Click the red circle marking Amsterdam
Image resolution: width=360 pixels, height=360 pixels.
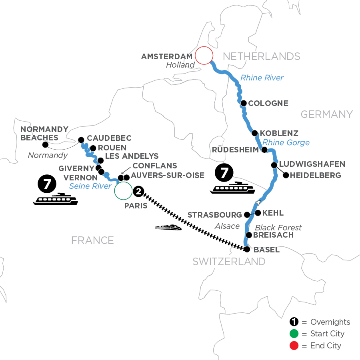click(204, 56)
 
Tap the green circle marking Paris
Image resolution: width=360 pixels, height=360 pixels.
click(123, 190)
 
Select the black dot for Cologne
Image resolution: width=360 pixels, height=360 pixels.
click(243, 103)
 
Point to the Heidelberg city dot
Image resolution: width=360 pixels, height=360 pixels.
click(285, 175)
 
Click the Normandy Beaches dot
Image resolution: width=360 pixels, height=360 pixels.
click(45, 145)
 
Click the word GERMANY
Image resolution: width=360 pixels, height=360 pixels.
click(326, 115)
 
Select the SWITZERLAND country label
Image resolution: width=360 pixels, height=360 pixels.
click(229, 262)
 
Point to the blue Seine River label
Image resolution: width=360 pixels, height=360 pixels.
click(90, 186)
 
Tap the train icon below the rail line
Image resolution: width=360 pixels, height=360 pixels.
click(168, 228)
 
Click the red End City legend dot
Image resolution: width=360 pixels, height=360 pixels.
click(294, 345)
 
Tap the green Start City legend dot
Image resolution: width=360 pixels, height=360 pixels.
click(294, 334)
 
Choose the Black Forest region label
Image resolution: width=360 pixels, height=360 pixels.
click(278, 227)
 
